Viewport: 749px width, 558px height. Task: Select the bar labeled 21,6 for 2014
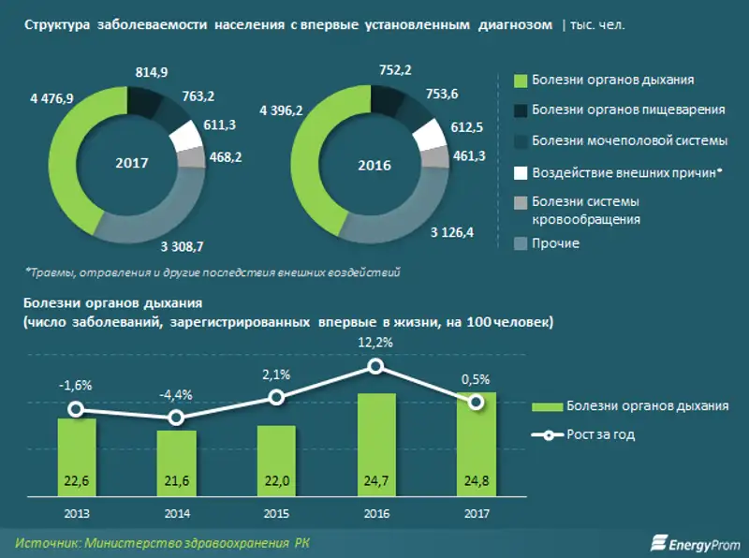(x=176, y=463)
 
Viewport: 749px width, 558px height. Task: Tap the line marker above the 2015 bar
(x=276, y=397)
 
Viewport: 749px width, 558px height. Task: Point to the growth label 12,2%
(x=376, y=344)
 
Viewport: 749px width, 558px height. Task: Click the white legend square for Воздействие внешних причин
(x=521, y=173)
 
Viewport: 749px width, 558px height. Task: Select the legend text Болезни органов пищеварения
(x=628, y=110)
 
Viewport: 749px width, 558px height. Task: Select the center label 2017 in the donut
(x=131, y=162)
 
